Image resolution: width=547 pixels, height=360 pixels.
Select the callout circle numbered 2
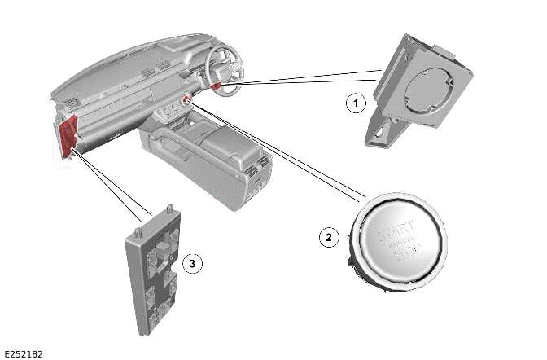[x=328, y=237]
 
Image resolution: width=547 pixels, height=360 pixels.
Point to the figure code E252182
[x=24, y=354]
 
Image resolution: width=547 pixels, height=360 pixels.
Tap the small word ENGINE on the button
[x=400, y=241]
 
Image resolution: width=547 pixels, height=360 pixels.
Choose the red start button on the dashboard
[x=188, y=99]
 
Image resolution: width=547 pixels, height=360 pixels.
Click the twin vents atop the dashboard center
[x=150, y=72]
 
